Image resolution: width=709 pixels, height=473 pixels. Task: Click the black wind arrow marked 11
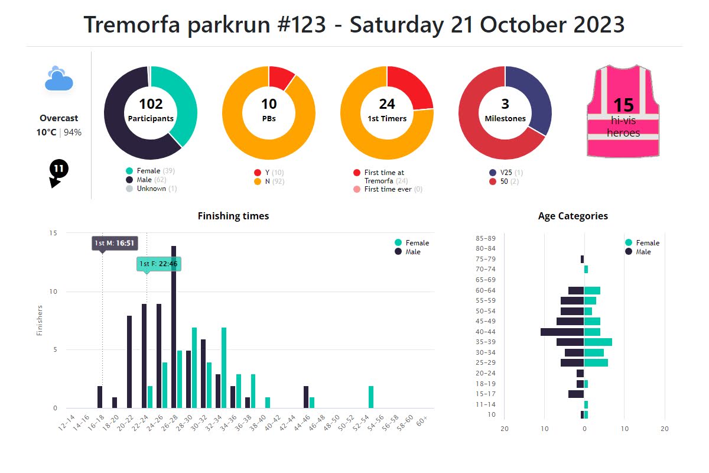pyautogui.click(x=58, y=172)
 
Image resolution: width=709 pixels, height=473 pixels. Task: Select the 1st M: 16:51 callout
pyautogui.click(x=115, y=243)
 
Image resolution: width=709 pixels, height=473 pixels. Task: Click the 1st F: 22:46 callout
pyautogui.click(x=158, y=264)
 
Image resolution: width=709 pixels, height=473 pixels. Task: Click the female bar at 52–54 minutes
pyautogui.click(x=371, y=397)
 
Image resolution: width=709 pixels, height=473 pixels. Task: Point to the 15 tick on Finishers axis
pyautogui.click(x=53, y=233)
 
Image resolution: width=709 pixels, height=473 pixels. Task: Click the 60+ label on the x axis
pyautogui.click(x=422, y=421)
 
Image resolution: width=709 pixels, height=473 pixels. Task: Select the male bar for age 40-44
pyautogui.click(x=562, y=332)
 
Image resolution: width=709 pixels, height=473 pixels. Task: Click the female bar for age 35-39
pyautogui.click(x=598, y=342)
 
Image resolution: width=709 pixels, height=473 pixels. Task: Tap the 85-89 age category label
pyautogui.click(x=485, y=238)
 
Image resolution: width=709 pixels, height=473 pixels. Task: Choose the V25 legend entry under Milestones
pyautogui.click(x=506, y=173)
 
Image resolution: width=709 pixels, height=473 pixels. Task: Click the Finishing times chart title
pyautogui.click(x=233, y=216)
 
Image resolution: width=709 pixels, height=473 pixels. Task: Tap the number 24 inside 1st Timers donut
pyautogui.click(x=387, y=105)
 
